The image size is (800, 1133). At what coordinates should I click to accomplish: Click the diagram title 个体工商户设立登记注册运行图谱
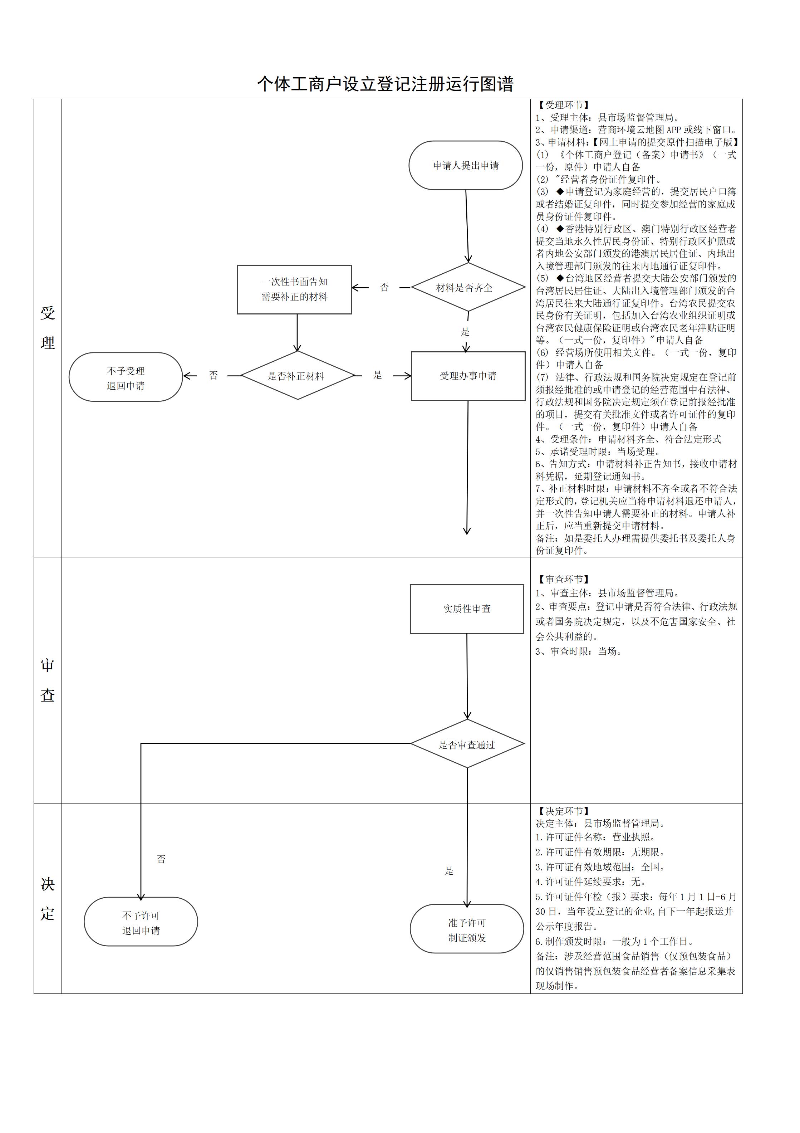coord(385,84)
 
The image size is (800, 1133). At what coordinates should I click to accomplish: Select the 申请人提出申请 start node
coord(465,165)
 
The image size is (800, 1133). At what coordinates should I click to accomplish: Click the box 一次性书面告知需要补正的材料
coord(294,289)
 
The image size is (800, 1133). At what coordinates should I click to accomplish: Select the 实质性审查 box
coord(467,609)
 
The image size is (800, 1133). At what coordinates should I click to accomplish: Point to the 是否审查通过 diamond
coord(467,744)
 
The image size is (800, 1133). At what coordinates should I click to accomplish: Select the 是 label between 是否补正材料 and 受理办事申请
coord(377,375)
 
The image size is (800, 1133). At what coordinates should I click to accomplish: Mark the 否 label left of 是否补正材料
coord(213,376)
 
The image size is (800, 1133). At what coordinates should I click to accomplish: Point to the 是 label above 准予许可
coord(448,870)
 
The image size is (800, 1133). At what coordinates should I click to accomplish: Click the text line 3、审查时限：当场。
coord(579,651)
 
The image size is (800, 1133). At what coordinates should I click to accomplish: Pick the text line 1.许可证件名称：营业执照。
coord(596,837)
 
